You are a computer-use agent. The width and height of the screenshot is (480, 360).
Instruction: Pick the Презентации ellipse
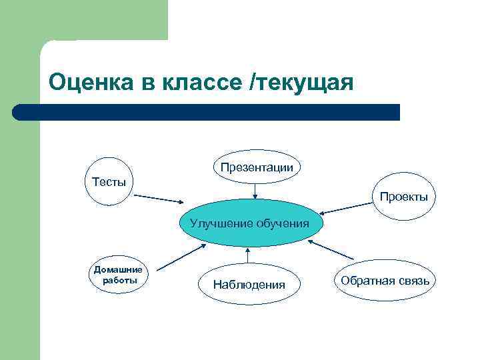coord(257,167)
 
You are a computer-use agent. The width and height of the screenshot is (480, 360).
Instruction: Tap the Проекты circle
coord(403,197)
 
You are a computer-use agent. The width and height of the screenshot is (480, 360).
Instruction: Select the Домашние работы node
coord(118,275)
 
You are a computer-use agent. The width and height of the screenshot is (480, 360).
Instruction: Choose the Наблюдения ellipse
coord(249,285)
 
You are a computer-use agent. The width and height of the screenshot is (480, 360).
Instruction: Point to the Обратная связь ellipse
coord(386,280)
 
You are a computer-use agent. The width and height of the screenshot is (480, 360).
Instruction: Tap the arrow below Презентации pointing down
coord(255,191)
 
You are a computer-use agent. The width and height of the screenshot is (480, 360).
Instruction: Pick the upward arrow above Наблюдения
coord(247,256)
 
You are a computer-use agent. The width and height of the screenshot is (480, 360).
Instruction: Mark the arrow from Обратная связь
coord(331,249)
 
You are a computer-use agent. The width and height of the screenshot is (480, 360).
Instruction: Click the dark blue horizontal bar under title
coord(207,112)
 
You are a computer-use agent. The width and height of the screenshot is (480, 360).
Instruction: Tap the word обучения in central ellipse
coord(283,223)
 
